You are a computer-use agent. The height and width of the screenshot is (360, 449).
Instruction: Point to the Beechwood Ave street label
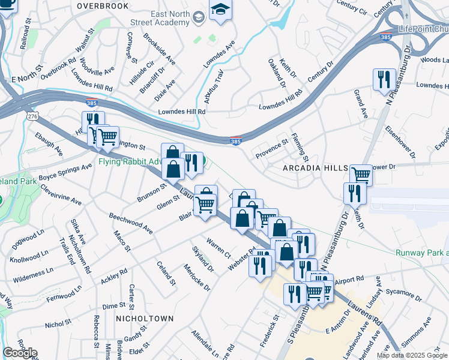click(130, 223)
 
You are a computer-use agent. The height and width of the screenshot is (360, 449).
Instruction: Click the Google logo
click(20, 352)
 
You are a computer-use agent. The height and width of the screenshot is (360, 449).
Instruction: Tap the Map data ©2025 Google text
click(412, 355)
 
